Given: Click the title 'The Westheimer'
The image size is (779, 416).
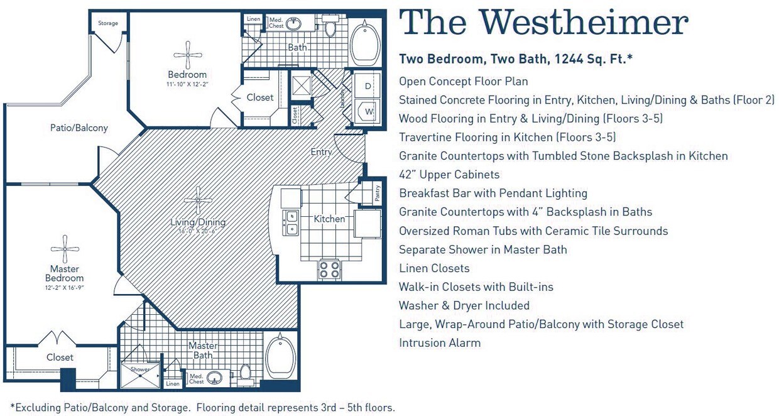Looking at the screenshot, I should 543,23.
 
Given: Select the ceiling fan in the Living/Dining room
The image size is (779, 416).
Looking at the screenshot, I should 198,200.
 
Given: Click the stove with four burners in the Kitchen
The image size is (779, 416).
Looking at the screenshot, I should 329,270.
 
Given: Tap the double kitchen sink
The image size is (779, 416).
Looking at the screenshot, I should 291,222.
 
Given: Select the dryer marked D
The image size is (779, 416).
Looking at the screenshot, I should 368,85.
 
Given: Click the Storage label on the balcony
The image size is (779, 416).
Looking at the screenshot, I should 107,24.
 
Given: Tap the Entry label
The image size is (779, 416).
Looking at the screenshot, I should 321,152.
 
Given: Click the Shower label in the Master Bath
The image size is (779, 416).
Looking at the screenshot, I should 140,369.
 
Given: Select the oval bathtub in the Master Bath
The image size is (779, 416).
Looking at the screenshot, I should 280,357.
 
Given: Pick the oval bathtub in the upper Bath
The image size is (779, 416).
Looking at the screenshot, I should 364,44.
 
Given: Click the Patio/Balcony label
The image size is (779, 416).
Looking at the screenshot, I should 79,128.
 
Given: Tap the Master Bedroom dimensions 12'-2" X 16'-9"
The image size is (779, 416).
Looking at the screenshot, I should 64,287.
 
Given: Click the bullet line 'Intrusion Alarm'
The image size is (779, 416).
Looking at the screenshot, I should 440,343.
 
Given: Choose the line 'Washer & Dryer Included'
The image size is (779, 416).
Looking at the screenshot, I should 464,306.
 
